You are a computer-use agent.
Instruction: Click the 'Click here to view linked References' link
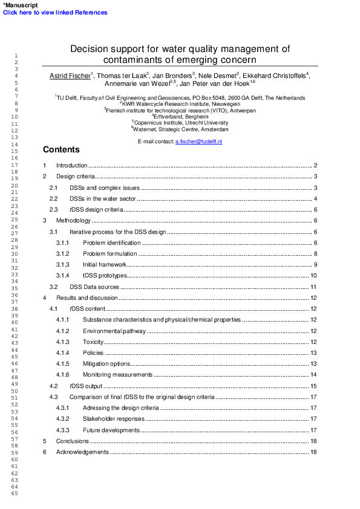pyautogui.click(x=55, y=12)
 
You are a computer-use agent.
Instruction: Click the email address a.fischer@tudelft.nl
pyautogui.click(x=199, y=140)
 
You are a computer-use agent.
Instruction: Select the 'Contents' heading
pyautogui.click(x=61, y=150)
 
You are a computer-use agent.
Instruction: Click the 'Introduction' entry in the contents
pyautogui.click(x=71, y=166)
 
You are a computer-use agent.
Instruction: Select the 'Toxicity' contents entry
pyautogui.click(x=93, y=342)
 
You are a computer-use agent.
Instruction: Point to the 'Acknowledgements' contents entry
pyautogui.click(x=82, y=452)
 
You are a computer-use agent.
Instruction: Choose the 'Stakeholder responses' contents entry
pyautogui.click(x=112, y=419)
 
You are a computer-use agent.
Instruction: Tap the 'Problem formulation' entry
pyautogui.click(x=110, y=254)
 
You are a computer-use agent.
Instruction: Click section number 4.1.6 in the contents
pyautogui.click(x=63, y=375)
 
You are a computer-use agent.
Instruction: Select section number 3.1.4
pyautogui.click(x=63, y=276)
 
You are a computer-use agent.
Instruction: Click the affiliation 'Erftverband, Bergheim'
pyautogui.click(x=180, y=117)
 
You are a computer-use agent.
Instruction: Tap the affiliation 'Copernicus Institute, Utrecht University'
pyautogui.click(x=180, y=123)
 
